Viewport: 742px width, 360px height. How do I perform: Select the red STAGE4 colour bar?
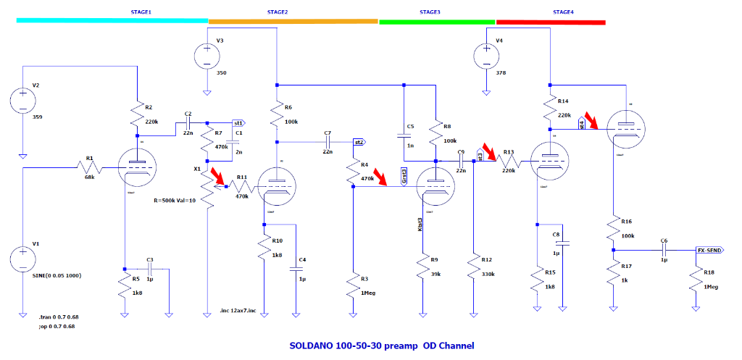coord(551,22)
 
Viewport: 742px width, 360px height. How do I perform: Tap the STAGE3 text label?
coord(430,12)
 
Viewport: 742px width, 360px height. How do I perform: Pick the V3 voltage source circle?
coord(207,55)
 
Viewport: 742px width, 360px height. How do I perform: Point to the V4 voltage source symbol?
coord(484,55)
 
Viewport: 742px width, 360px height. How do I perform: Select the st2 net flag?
coord(359,142)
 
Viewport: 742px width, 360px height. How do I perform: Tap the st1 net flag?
coord(239,123)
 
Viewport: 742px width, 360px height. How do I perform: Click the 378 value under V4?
coord(501,73)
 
